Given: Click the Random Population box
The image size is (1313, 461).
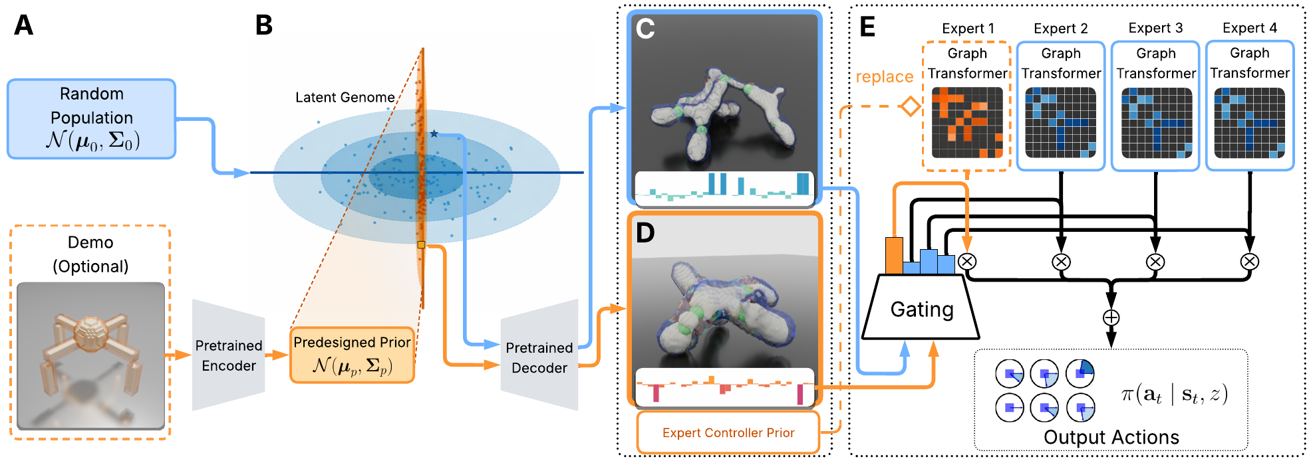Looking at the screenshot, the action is click(92, 119).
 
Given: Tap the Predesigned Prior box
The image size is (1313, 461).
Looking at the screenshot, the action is click(353, 355).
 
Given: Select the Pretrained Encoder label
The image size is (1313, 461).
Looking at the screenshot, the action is click(229, 355).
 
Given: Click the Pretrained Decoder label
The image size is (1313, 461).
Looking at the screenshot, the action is click(539, 357).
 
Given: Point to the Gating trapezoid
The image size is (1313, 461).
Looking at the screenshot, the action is click(921, 308).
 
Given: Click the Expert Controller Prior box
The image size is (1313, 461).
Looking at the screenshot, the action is click(728, 432).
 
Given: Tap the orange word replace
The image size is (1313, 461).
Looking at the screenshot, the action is click(884, 77).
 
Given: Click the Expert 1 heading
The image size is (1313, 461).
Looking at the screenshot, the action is click(968, 29).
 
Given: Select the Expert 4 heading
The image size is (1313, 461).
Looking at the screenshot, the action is click(1250, 28).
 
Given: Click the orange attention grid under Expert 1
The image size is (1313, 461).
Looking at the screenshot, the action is click(967, 123).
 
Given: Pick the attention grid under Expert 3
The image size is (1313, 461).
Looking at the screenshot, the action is click(1157, 123).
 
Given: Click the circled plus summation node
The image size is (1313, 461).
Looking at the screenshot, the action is click(1111, 318).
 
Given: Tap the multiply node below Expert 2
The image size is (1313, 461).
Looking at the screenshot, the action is click(1061, 262).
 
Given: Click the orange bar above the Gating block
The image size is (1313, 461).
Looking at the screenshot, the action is click(894, 256).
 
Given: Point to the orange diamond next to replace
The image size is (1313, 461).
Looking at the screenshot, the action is click(910, 106).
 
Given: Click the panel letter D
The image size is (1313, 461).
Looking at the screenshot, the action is click(646, 232).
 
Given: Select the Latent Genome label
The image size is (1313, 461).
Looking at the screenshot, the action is click(345, 98).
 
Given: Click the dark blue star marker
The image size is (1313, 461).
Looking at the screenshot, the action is click(434, 134).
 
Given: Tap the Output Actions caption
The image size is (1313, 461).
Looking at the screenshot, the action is click(1111, 437).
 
